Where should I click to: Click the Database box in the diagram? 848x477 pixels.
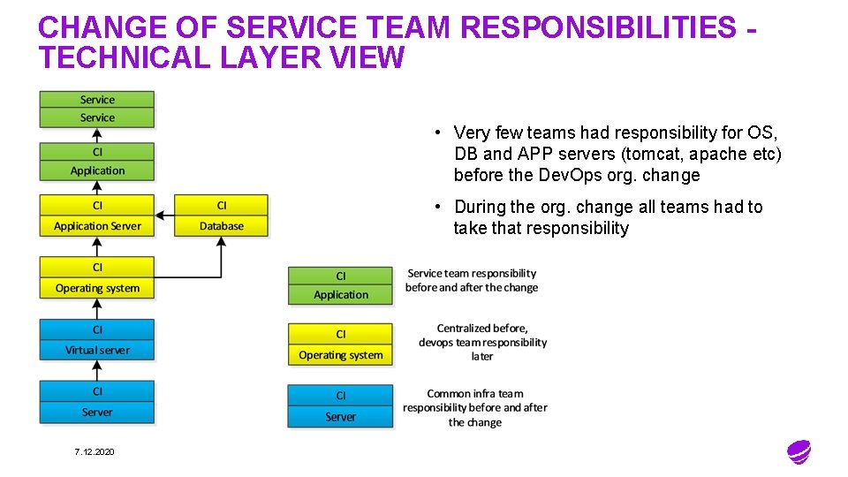coord(221,216)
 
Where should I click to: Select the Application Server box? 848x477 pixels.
coord(97,216)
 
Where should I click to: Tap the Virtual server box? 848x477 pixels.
coord(97,340)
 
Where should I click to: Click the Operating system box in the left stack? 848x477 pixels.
coord(97,278)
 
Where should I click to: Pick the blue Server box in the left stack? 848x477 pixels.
coord(97,402)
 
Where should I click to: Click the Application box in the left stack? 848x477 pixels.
coord(97,162)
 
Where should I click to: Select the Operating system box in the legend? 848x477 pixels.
coord(340,345)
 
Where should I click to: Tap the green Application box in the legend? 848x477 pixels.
coord(340,285)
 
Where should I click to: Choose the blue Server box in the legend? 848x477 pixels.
coord(340,406)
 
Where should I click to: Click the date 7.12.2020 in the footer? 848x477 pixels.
coord(95,452)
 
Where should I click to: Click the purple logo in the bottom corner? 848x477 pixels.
coord(799,452)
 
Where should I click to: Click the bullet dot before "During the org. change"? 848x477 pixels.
coord(436,207)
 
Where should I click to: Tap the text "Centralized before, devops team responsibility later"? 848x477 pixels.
coord(482,342)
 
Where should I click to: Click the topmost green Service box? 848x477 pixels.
coord(97,100)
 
